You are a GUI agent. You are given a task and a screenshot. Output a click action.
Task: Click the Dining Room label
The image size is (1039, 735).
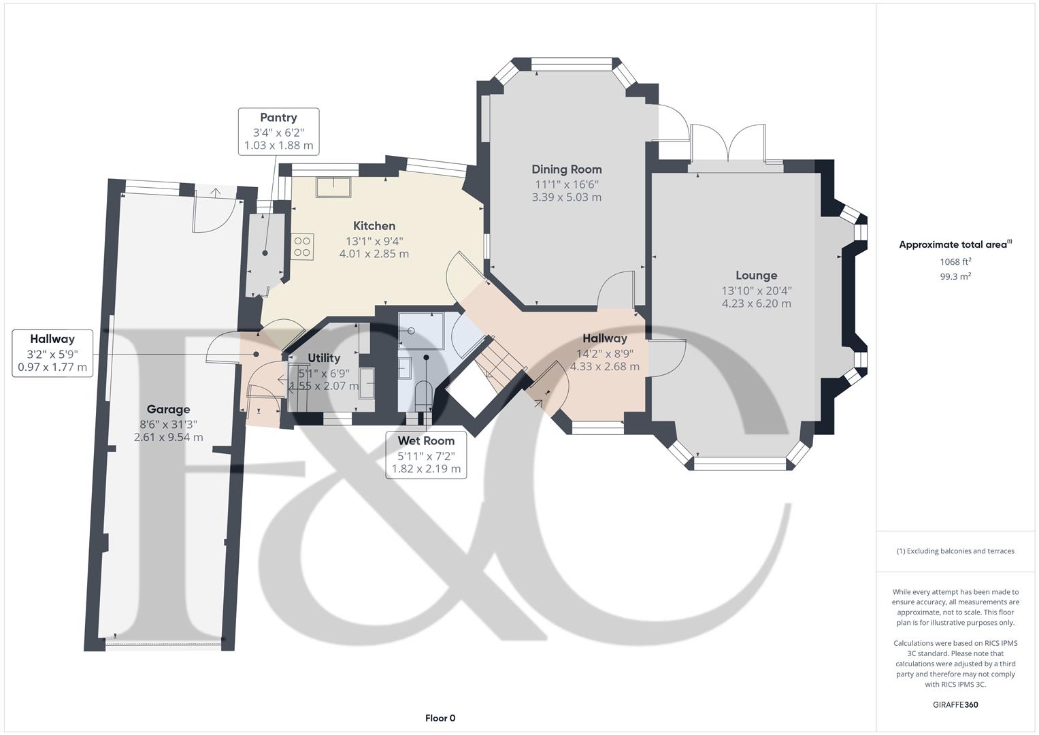pyautogui.click(x=566, y=169)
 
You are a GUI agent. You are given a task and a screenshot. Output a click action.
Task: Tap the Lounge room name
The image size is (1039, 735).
pyautogui.click(x=756, y=276)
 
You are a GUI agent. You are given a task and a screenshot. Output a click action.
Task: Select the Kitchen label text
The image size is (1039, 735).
pyautogui.click(x=374, y=226)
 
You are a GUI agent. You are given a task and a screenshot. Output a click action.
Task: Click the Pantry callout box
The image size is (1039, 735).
pyautogui.click(x=278, y=131)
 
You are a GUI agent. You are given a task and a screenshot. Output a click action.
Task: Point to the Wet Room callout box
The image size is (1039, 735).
pyautogui.click(x=426, y=455)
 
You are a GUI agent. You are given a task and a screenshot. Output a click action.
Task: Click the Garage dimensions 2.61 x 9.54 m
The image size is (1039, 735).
pyautogui.click(x=168, y=438)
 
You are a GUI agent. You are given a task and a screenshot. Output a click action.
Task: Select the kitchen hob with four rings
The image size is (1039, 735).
pyautogui.click(x=303, y=246)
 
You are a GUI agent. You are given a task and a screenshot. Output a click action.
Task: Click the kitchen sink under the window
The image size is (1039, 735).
pyautogui.click(x=333, y=187)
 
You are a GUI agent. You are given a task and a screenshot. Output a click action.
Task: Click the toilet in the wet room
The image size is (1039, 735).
pyautogui.click(x=423, y=395)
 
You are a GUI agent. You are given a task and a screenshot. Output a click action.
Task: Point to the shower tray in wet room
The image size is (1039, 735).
pyautogui.click(x=421, y=331)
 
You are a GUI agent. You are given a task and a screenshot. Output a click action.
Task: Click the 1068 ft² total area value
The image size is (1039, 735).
pyautogui.click(x=955, y=261)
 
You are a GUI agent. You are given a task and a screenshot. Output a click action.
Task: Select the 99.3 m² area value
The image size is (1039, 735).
pyautogui.click(x=955, y=276)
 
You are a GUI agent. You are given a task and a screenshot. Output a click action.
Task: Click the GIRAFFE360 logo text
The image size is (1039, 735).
pyautogui.click(x=955, y=704)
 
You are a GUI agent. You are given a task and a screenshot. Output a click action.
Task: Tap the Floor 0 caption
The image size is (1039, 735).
pyautogui.click(x=440, y=718)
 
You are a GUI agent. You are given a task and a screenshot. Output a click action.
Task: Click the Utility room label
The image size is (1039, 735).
pyautogui.click(x=324, y=358)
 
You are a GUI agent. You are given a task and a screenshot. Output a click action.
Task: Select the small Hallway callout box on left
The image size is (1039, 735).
pyautogui.click(x=52, y=353)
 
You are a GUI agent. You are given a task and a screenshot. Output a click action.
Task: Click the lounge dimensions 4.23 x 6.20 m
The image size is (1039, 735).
pyautogui.click(x=756, y=304)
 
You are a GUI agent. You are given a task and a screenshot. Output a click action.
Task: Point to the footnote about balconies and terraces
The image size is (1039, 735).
pyautogui.click(x=955, y=551)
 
